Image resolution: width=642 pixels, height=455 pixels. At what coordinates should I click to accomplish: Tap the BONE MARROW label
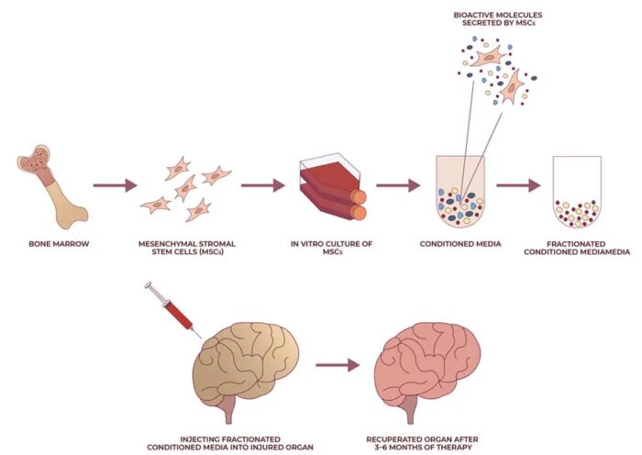tap(54, 245)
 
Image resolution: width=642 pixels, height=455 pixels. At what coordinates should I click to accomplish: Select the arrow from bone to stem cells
tap(108, 185)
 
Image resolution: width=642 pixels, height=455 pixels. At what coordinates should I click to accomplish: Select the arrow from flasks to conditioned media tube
tap(397, 185)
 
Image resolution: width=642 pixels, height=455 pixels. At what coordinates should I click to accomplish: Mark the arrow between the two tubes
tap(519, 185)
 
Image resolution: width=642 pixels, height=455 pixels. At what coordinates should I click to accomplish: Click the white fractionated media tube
tap(577, 192)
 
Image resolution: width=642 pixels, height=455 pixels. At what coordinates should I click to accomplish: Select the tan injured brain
tap(241, 362)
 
